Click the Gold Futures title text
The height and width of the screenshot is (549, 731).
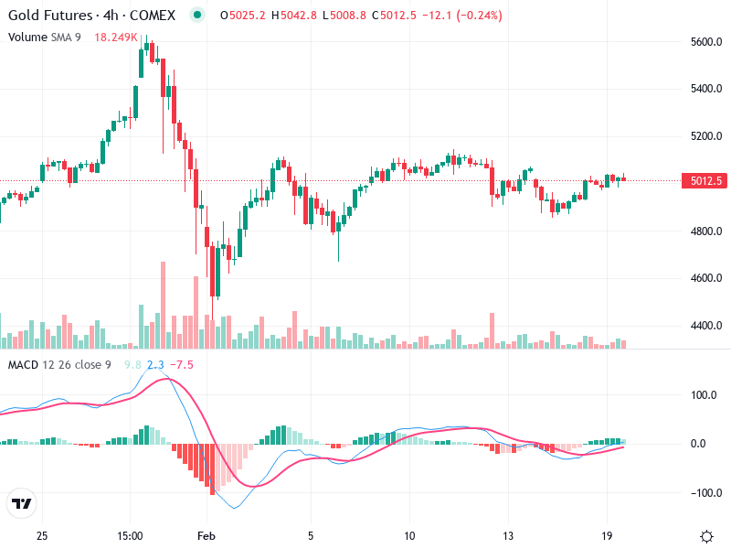click(49, 16)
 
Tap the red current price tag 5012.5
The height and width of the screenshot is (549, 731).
click(706, 181)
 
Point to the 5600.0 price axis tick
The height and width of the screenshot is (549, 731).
click(707, 42)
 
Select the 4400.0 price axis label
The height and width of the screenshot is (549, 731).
click(707, 326)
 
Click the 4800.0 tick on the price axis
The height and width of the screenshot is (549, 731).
click(707, 231)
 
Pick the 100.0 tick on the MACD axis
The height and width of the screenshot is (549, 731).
click(705, 396)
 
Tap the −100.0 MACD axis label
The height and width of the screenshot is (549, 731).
click(703, 493)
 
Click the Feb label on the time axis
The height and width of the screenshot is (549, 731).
click(207, 535)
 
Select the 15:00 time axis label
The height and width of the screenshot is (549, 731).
click(130, 535)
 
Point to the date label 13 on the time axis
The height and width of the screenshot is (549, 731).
click(508, 535)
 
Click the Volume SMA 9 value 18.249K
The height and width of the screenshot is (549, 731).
click(116, 37)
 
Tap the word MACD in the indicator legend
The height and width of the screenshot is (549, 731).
click(23, 365)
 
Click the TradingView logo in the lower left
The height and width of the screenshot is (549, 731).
click(21, 504)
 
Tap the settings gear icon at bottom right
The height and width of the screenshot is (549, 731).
click(706, 535)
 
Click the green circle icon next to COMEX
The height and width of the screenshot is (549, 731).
click(196, 16)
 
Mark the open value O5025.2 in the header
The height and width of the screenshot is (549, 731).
click(231, 16)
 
